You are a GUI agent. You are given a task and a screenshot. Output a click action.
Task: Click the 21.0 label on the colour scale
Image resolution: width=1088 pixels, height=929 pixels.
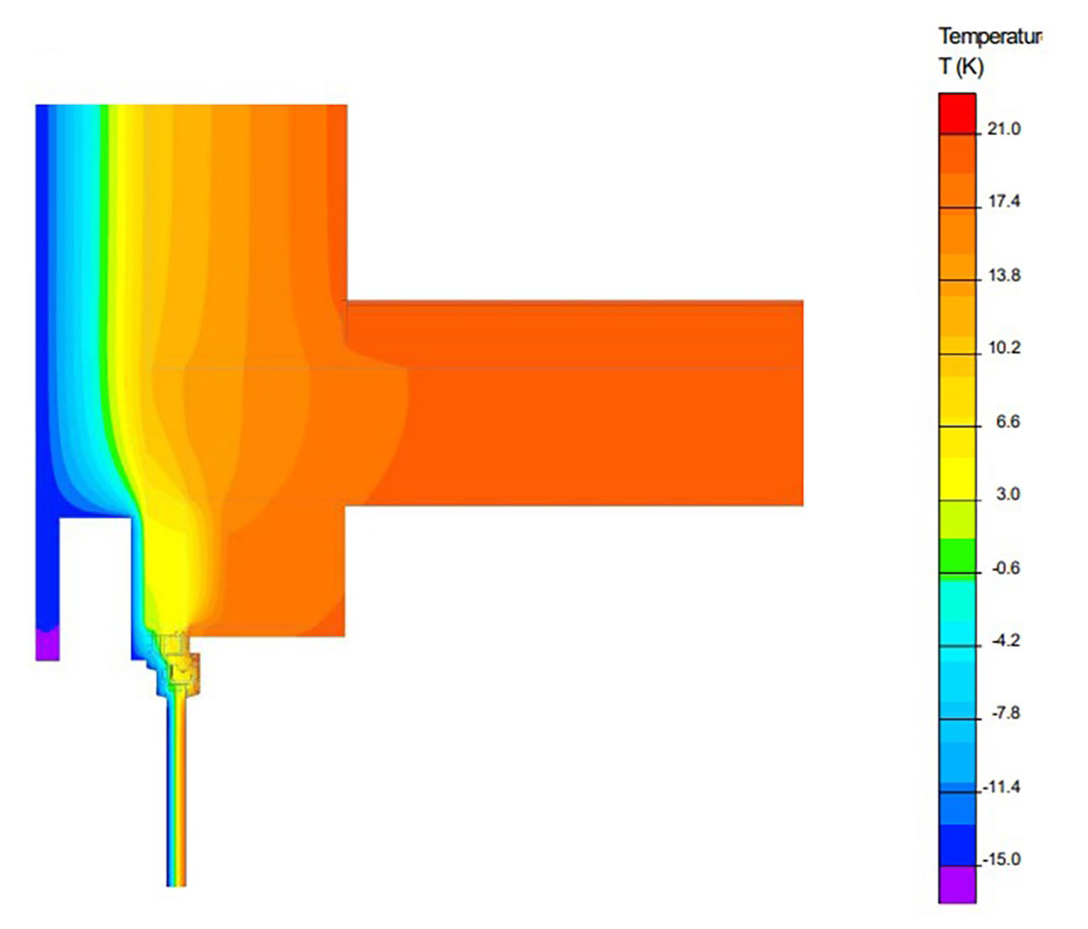(1004, 128)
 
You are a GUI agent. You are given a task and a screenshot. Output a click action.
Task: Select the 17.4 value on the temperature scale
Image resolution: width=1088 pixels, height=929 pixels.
(1004, 201)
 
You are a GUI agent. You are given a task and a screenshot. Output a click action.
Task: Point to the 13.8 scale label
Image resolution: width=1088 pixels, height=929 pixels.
(1004, 275)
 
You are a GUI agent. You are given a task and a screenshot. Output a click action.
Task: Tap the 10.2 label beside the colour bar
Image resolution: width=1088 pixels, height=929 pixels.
(1004, 347)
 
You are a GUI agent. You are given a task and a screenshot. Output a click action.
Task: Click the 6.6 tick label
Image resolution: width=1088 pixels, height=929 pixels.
(1008, 421)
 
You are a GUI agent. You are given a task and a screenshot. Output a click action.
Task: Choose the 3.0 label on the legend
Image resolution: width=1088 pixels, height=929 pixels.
(1008, 494)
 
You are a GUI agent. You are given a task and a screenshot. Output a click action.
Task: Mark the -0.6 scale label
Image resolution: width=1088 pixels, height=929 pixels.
(1006, 568)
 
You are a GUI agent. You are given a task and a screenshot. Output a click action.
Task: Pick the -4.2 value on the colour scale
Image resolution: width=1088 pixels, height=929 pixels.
(1006, 640)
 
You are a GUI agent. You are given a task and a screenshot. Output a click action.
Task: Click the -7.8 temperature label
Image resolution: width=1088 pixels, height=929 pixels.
(1006, 713)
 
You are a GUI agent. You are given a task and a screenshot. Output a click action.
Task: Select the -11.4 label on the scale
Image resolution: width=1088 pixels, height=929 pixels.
(1002, 786)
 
